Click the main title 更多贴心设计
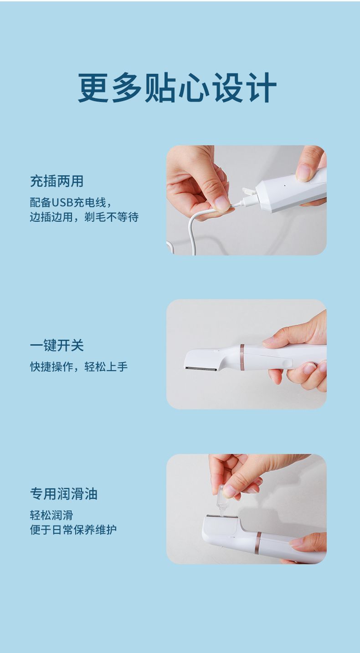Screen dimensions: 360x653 click(177, 87)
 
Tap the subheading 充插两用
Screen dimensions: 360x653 click(57, 181)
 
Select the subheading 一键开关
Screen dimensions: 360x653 click(57, 346)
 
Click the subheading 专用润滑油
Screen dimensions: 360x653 click(64, 494)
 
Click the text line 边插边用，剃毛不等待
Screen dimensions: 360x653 click(84, 217)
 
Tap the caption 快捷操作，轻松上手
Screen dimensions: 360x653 click(79, 367)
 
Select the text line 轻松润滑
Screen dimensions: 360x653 click(51, 515)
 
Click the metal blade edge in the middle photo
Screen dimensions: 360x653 click(201, 369)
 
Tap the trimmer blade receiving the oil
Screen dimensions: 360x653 click(222, 516)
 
